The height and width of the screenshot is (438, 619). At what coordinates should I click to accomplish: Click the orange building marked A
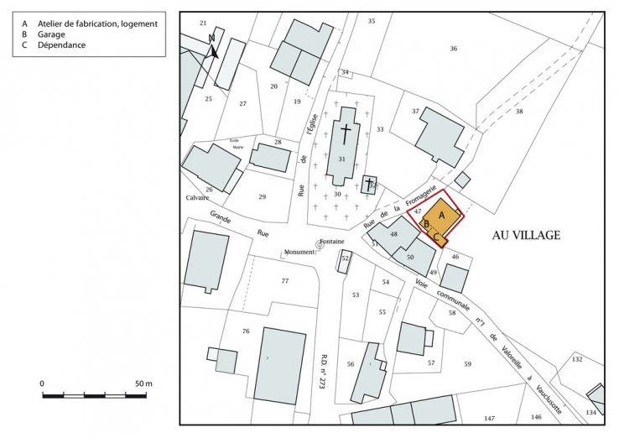point(443,216)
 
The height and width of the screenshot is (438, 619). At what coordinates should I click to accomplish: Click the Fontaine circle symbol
point(320,244)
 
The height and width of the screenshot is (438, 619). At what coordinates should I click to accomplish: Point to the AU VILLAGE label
point(526,236)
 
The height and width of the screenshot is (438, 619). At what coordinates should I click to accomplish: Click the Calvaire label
point(197,199)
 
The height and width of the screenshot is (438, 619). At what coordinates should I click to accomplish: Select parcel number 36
point(453,49)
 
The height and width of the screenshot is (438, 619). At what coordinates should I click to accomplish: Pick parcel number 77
point(284,280)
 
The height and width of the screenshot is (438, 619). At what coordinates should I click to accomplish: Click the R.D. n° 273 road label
point(324,368)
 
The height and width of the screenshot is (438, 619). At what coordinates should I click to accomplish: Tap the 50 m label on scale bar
point(143,383)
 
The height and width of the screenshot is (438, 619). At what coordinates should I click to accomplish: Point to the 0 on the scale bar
point(43,383)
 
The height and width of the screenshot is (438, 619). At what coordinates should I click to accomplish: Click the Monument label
point(298,252)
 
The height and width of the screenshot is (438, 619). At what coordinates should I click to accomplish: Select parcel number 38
point(519,112)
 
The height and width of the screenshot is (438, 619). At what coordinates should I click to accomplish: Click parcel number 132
point(576,359)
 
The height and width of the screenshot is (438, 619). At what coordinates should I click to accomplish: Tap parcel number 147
point(489,418)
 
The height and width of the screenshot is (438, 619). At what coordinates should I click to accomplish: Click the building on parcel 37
point(439,136)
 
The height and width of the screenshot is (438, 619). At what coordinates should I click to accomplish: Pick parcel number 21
point(202,23)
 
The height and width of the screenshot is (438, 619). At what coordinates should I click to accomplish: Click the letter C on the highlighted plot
point(436,237)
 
